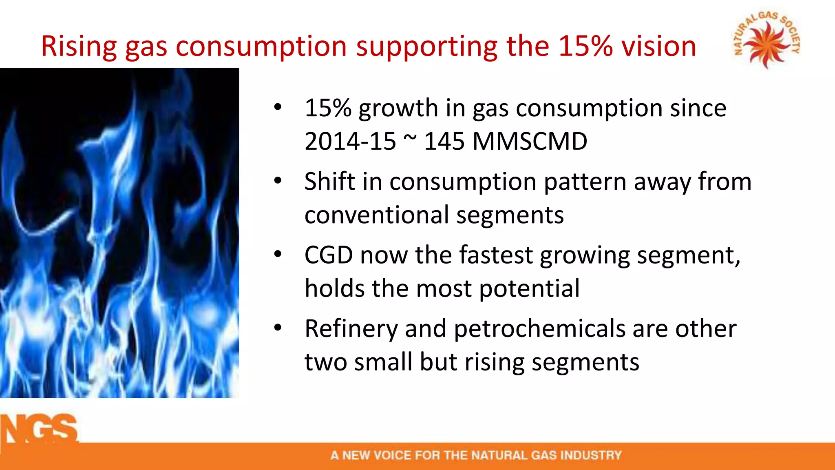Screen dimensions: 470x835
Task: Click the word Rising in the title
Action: click(x=79, y=46)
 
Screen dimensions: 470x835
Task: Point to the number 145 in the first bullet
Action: click(x=444, y=142)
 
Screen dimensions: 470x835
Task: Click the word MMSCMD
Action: click(x=530, y=142)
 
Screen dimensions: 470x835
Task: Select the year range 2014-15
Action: click(x=350, y=142)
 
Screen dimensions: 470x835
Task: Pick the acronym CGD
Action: click(x=329, y=255)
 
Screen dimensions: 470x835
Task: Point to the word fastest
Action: click(x=496, y=255)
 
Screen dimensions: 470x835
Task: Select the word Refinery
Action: click(x=351, y=329)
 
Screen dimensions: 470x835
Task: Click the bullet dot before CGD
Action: click(x=278, y=255)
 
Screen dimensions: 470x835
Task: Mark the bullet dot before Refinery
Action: click(x=278, y=328)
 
